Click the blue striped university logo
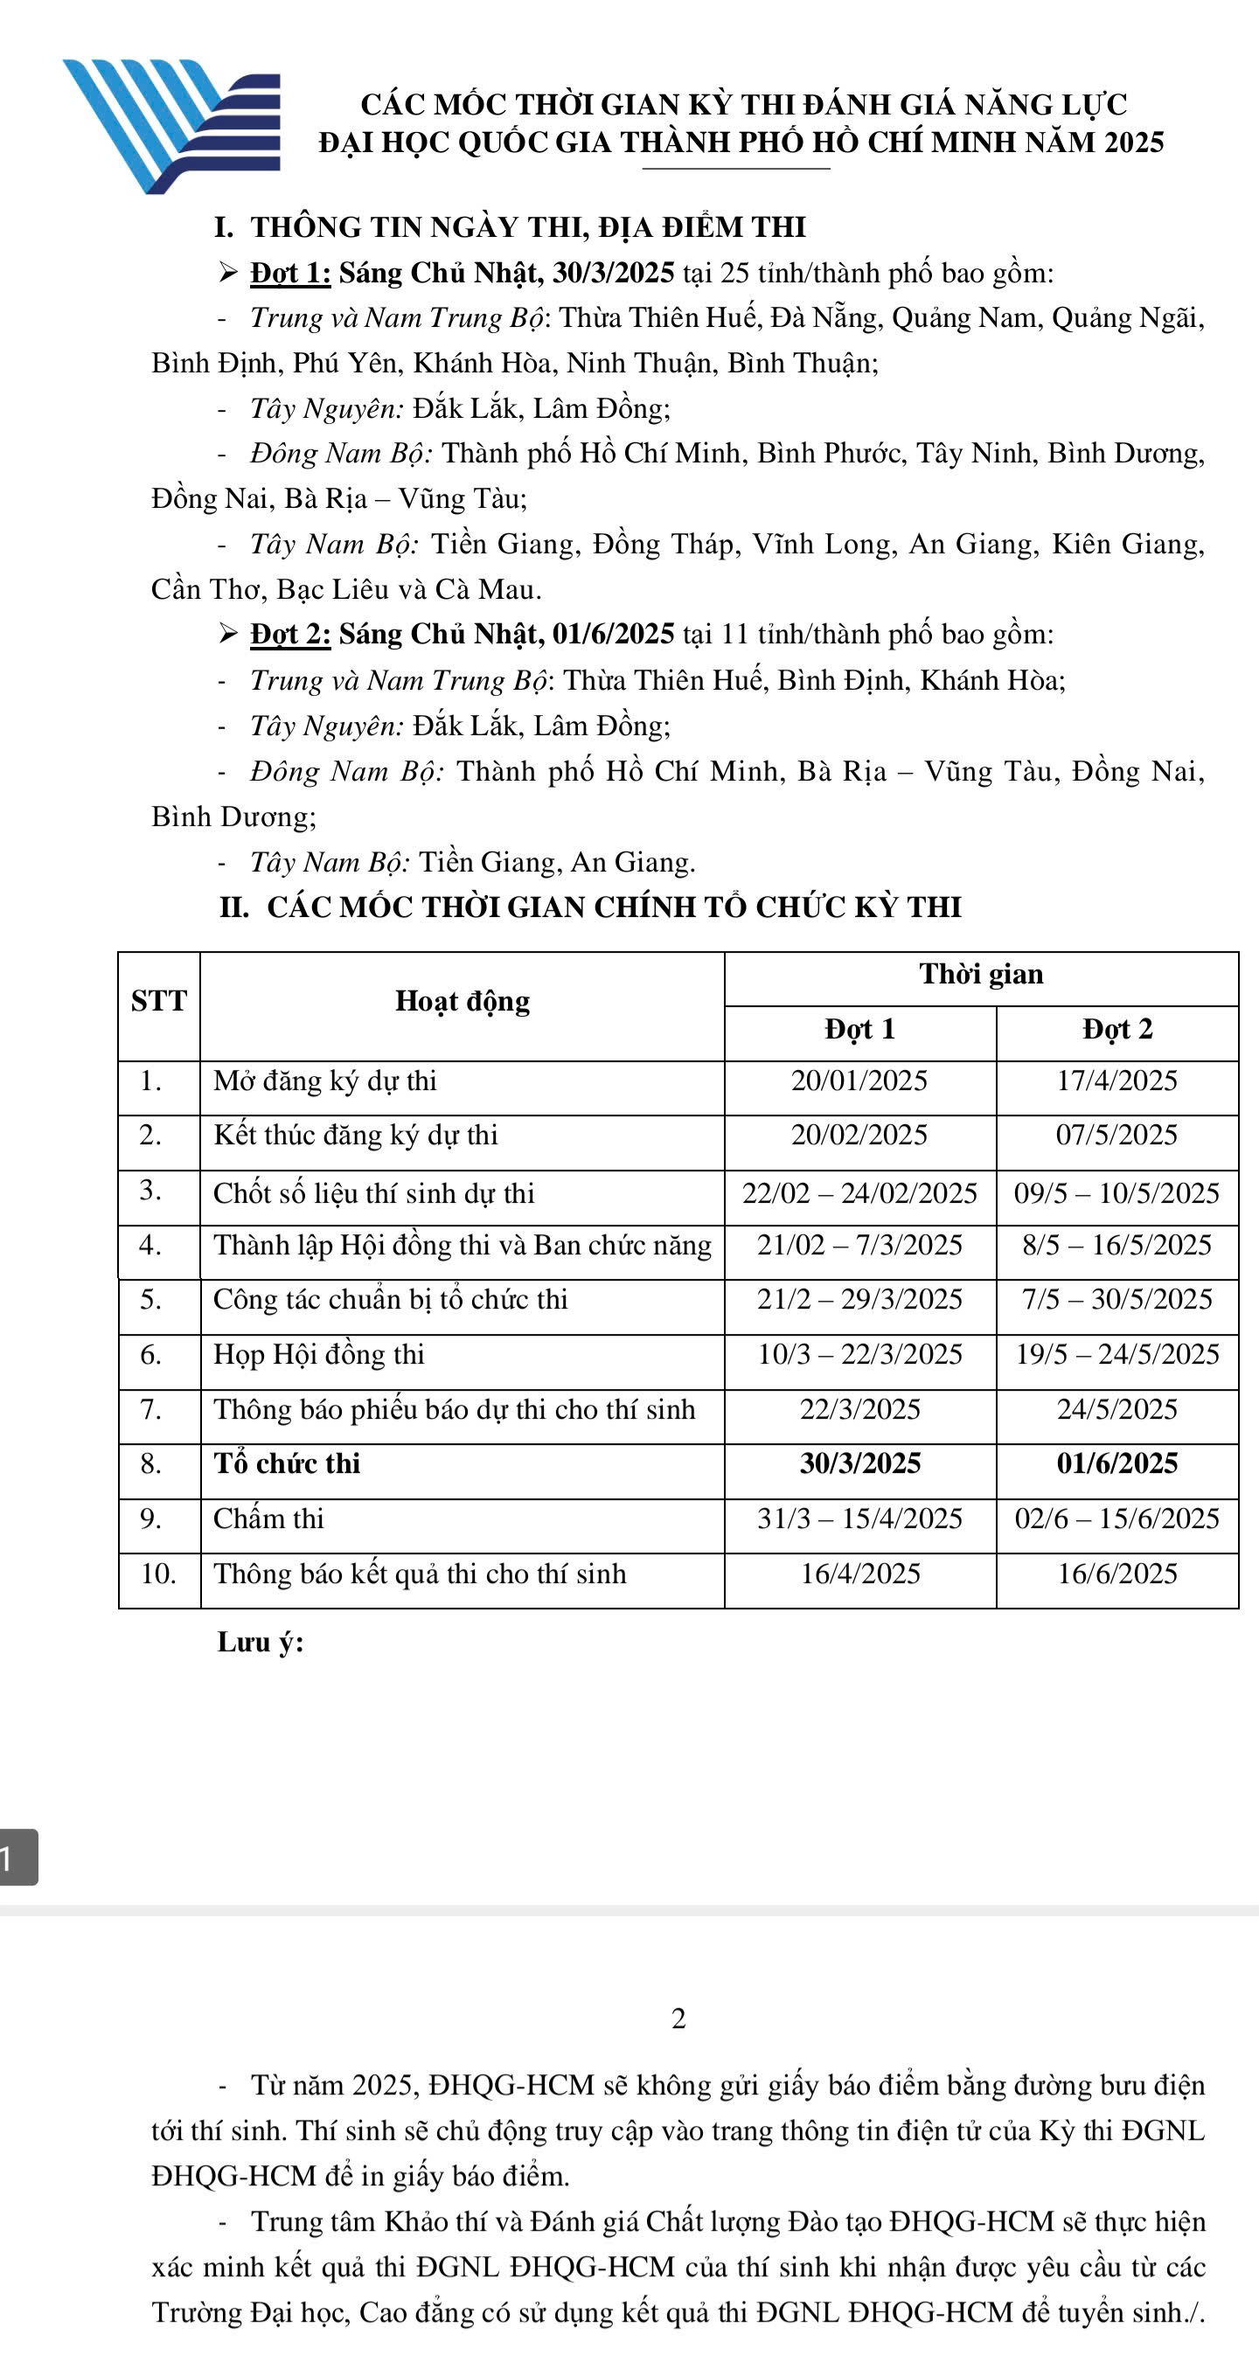(x=172, y=125)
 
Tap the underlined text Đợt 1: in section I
(x=289, y=274)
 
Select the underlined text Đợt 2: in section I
(x=289, y=635)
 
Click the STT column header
(x=158, y=1001)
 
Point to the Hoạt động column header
(x=463, y=1001)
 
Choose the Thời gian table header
(x=980, y=975)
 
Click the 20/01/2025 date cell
(x=859, y=1081)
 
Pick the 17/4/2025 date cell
(x=1116, y=1081)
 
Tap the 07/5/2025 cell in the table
(x=1116, y=1136)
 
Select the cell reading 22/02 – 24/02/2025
(x=859, y=1194)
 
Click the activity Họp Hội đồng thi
(x=319, y=1354)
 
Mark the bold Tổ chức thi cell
(x=287, y=1463)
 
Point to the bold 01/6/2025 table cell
(x=1116, y=1463)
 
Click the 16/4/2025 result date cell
(x=859, y=1574)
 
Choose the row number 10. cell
(x=158, y=1574)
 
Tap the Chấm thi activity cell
(x=268, y=1519)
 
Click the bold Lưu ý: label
(x=261, y=1643)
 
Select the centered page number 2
(x=678, y=2018)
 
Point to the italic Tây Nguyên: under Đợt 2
(x=326, y=726)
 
